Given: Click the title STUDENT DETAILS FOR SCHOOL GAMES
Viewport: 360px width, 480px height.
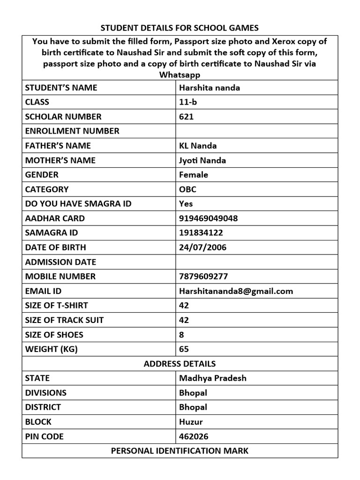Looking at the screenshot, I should tap(180, 28).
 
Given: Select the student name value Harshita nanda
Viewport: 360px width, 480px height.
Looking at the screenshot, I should tap(210, 88).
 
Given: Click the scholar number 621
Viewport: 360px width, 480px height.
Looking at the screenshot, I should tap(186, 117).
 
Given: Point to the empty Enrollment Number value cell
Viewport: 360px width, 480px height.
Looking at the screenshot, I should tap(256, 131).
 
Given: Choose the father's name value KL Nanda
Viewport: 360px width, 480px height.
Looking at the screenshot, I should tap(198, 146).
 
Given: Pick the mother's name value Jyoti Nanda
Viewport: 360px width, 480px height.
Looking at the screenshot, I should tap(202, 160).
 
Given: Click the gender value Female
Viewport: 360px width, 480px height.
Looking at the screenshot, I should tap(194, 175).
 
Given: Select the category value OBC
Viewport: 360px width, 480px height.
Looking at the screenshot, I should tap(188, 189).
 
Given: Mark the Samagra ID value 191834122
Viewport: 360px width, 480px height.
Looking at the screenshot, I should tap(201, 233).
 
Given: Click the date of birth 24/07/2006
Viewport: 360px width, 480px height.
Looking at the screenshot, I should tap(202, 247).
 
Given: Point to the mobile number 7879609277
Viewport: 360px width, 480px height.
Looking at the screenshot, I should tap(203, 277).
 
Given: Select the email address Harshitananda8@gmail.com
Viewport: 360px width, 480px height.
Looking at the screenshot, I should tap(236, 291).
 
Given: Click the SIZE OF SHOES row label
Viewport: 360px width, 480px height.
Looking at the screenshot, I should tap(54, 335).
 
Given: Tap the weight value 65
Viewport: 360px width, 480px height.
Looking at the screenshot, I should tap(184, 349).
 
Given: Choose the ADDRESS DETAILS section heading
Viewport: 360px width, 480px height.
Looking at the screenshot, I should tap(180, 364).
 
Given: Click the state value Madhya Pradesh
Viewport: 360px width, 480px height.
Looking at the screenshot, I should tap(213, 378).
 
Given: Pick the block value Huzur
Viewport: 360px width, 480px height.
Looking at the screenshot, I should tap(191, 422).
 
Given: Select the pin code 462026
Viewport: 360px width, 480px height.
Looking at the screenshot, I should tap(194, 436).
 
